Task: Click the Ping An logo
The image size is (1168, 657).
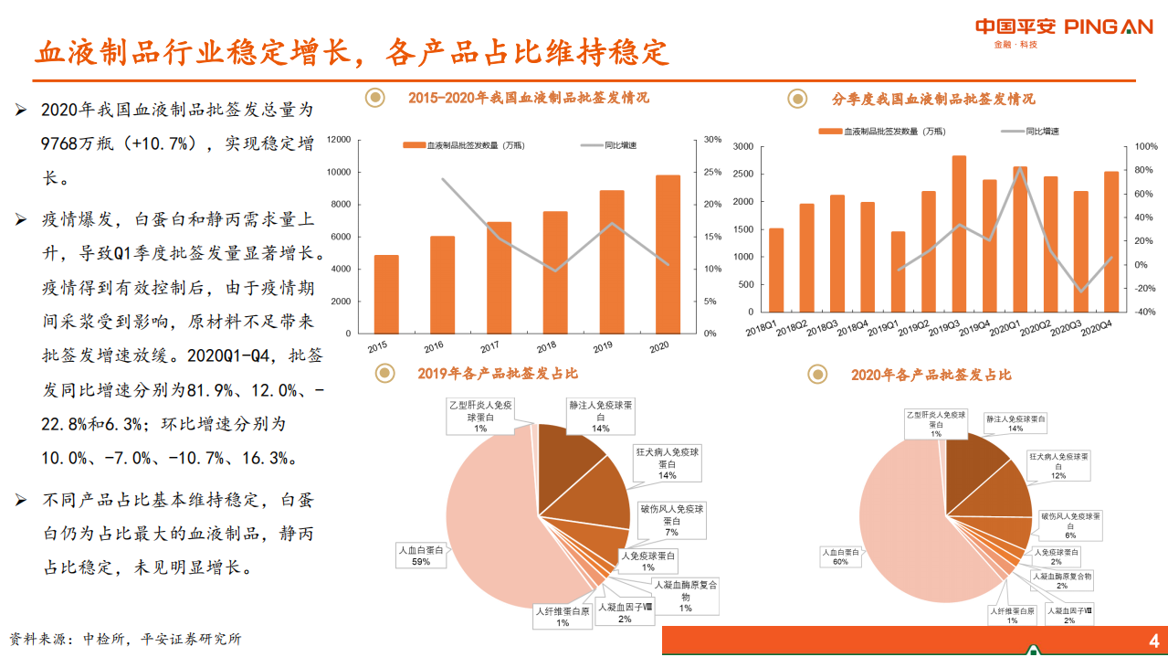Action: (x=1064, y=28)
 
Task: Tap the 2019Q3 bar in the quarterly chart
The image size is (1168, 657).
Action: (x=959, y=234)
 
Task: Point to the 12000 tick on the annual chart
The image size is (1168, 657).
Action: (x=339, y=140)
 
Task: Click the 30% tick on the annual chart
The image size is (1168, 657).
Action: (x=713, y=140)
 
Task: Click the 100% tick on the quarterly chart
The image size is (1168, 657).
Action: (x=1145, y=146)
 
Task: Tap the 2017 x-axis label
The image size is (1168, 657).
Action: (x=489, y=346)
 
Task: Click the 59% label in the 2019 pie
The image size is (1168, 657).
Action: (x=420, y=562)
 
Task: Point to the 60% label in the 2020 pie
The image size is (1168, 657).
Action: (x=840, y=562)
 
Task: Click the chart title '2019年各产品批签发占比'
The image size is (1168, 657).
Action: (x=497, y=373)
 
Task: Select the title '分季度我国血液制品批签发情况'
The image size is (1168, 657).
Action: (x=933, y=99)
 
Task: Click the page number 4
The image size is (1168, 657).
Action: (x=1152, y=640)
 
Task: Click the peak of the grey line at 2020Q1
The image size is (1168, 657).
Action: (x=1020, y=168)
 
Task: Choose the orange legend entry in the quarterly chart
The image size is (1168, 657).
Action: (x=881, y=132)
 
